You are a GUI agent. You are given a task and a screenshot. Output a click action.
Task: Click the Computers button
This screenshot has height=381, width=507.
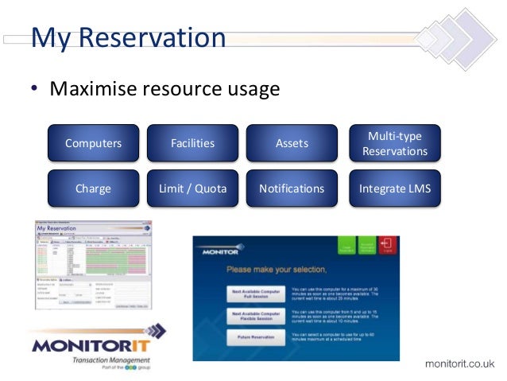(x=93, y=143)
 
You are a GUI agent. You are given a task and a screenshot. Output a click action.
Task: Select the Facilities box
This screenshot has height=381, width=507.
(x=192, y=143)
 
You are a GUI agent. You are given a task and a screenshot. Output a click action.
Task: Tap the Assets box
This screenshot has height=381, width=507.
(x=292, y=143)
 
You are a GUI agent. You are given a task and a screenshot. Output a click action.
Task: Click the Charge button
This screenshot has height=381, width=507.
(x=93, y=189)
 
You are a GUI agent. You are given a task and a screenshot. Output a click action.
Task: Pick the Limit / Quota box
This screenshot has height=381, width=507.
(x=192, y=189)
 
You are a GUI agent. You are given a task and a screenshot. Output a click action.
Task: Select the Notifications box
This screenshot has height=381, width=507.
(x=292, y=189)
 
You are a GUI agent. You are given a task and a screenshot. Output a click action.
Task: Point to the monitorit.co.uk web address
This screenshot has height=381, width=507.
(x=459, y=364)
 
